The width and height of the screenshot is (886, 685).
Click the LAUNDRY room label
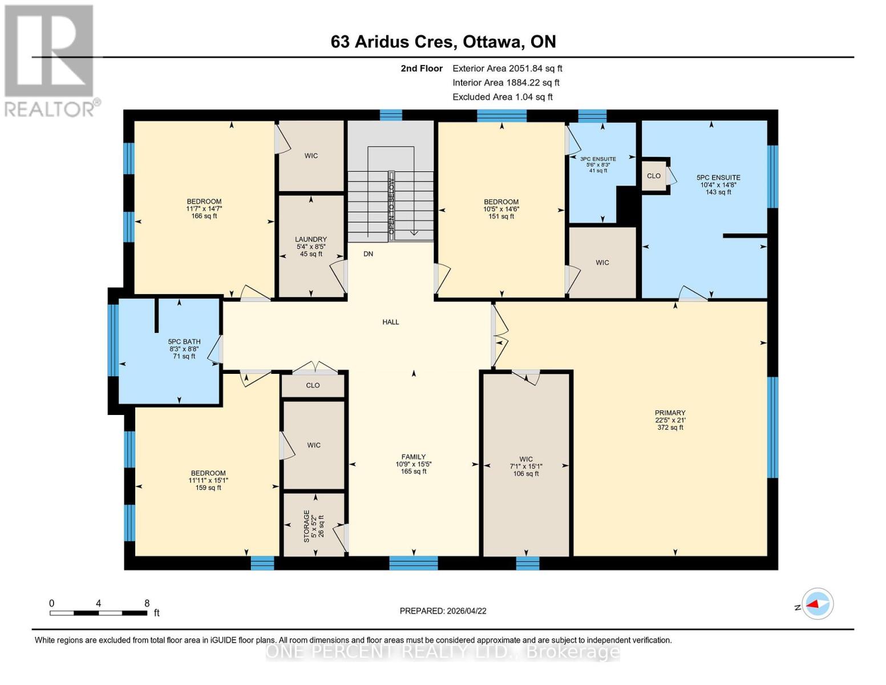pyautogui.click(x=311, y=239)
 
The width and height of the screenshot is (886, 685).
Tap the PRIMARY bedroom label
pyautogui.click(x=670, y=413)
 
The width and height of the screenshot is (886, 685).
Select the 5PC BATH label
pyautogui.click(x=184, y=341)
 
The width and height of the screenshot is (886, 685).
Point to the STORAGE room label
pyautogui.click(x=306, y=526)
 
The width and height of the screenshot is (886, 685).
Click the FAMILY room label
pyautogui.click(x=414, y=457)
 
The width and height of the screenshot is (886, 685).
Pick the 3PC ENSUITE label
pyautogui.click(x=598, y=159)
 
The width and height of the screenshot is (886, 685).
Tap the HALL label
pyautogui.click(x=391, y=322)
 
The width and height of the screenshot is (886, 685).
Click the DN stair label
pyautogui.click(x=369, y=253)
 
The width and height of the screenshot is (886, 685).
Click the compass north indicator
pyautogui.click(x=818, y=603)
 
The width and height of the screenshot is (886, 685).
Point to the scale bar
pyautogui.click(x=98, y=613)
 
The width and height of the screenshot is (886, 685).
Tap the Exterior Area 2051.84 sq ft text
pyautogui.click(x=507, y=68)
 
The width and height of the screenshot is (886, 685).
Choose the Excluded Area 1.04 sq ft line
pyautogui.click(x=502, y=97)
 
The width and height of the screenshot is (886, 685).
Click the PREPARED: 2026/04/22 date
pyautogui.click(x=443, y=611)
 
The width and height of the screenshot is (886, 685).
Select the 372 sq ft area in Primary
pyautogui.click(x=670, y=428)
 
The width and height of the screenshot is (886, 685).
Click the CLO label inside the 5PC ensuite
pyautogui.click(x=654, y=176)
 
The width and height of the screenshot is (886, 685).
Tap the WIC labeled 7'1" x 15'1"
pyautogui.click(x=526, y=466)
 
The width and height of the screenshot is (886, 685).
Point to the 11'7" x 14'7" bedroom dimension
pyautogui.click(x=204, y=209)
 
